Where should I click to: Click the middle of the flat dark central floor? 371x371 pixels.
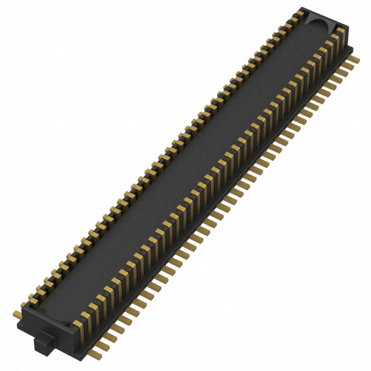[x=191, y=168]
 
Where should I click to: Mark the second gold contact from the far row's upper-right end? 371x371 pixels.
[x=294, y=19]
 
